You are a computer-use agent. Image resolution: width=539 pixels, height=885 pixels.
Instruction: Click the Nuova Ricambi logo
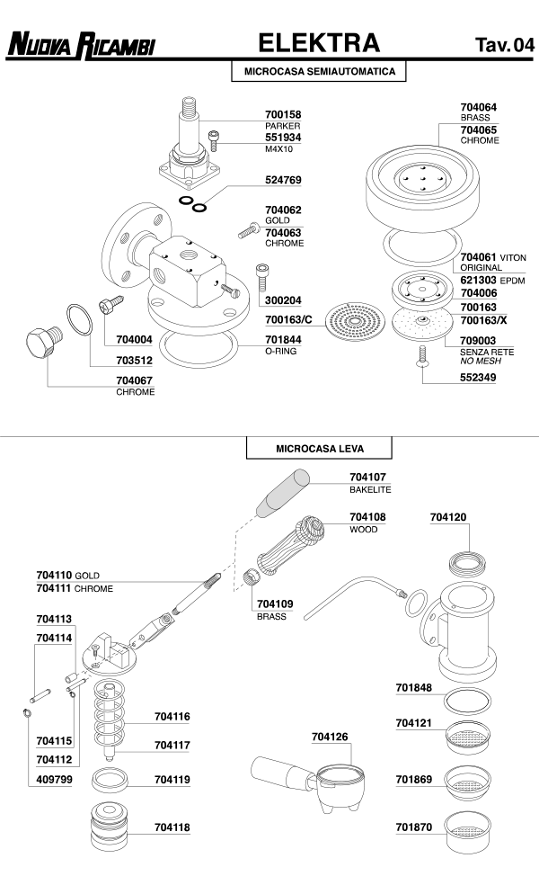pos(80,43)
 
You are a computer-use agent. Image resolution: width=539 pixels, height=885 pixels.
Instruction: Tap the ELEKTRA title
pos(319,42)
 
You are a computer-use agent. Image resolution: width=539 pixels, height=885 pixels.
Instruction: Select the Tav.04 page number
pos(504,45)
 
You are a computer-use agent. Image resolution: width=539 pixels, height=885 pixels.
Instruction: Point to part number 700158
pos(283,114)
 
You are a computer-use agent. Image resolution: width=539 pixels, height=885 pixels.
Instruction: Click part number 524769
pos(283,180)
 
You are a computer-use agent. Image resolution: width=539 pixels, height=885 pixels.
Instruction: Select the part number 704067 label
pos(134,380)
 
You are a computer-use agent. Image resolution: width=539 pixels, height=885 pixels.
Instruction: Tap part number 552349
pos(478,379)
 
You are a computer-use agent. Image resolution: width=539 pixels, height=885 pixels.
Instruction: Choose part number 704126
pos(329,737)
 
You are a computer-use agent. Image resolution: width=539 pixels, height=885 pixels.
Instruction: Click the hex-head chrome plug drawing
pos(39,345)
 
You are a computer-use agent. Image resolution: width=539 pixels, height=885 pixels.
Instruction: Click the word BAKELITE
pos(370,489)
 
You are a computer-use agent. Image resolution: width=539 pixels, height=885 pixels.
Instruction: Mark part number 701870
pos(414,826)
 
